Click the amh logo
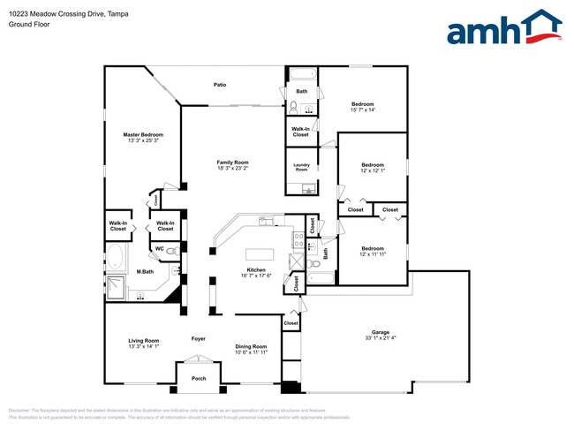point(503,28)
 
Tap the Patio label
point(220,85)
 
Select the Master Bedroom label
point(143,134)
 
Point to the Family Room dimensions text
point(234,169)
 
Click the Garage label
point(380,332)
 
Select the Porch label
point(199,378)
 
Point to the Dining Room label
point(251,346)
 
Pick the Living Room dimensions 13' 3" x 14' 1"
point(142,346)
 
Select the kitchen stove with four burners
point(298,238)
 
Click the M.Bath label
point(144,271)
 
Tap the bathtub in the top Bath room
point(301,74)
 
